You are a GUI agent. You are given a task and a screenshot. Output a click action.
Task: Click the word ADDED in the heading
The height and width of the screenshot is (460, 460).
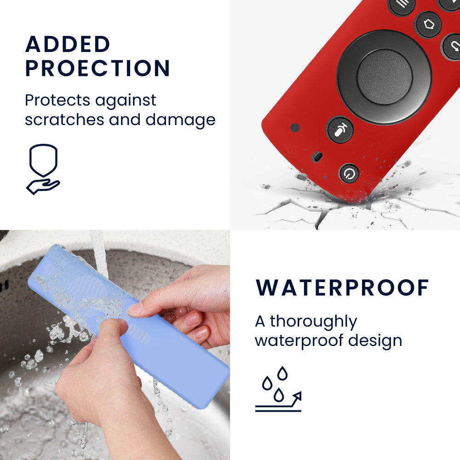68,44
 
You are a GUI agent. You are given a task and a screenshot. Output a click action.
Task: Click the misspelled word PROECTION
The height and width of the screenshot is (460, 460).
98,68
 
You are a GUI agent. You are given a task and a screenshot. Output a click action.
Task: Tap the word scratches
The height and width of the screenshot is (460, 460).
64,120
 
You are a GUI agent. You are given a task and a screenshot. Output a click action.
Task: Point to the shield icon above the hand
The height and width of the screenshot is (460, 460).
43,160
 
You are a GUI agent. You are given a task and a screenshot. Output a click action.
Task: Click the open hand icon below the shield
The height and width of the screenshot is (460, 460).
43,186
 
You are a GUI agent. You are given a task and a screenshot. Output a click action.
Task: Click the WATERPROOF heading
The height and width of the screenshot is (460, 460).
342,287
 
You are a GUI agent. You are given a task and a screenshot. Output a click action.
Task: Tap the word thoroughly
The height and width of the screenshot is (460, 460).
313,322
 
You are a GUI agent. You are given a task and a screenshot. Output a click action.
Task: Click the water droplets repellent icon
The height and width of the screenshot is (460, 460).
278,389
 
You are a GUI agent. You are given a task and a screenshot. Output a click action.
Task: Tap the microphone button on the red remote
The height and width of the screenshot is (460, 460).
340,130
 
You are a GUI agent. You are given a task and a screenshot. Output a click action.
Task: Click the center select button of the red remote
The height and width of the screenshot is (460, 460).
385,76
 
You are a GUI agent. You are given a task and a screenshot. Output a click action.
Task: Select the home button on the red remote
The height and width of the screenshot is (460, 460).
429,24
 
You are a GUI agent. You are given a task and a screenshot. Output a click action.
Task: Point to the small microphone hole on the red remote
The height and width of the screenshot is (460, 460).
295,127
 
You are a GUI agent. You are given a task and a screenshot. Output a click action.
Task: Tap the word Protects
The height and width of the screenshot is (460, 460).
57,100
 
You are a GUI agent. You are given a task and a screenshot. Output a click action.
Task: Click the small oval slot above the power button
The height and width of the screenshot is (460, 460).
317,157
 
